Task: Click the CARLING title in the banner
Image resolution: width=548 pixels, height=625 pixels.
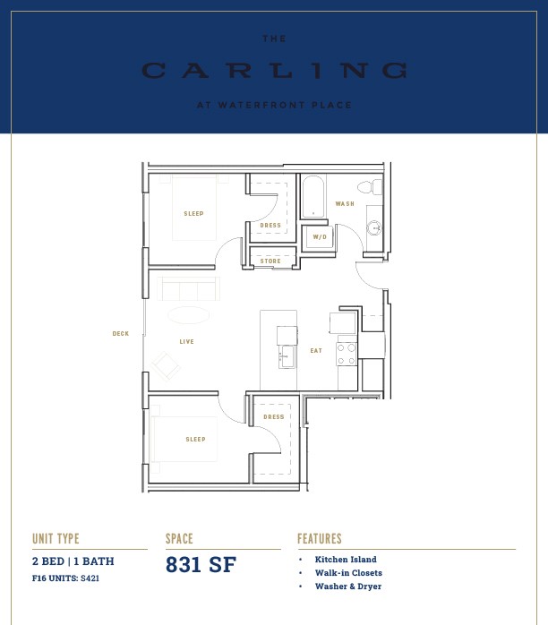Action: click(275, 71)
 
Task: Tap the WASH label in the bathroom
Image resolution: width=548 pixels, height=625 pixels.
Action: click(345, 203)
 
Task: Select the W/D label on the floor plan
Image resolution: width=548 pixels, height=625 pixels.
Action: click(320, 236)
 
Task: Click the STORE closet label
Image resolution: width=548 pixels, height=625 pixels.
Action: click(270, 261)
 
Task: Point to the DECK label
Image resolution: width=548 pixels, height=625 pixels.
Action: click(120, 334)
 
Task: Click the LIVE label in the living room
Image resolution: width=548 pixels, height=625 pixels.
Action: click(186, 341)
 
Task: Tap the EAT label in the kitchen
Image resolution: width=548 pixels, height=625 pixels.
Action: click(316, 351)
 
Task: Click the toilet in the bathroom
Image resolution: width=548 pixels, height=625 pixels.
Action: click(370, 187)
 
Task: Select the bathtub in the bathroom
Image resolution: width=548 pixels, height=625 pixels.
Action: click(313, 197)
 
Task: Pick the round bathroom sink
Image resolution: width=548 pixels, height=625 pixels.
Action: click(374, 228)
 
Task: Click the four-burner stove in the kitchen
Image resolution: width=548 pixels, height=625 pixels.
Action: click(347, 354)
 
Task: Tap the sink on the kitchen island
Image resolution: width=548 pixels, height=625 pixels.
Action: click(287, 356)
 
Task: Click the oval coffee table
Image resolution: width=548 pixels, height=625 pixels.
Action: click(189, 315)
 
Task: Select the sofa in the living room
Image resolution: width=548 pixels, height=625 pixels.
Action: click(188, 288)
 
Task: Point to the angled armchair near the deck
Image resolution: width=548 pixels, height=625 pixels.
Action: click(166, 366)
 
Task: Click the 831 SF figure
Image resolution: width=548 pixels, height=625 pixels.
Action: click(201, 564)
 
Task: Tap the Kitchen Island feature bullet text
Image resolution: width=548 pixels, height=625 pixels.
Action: click(346, 560)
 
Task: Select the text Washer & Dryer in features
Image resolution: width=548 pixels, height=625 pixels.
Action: click(348, 586)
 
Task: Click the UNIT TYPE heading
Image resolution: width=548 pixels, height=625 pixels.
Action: click(56, 539)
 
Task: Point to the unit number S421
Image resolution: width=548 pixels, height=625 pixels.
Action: click(90, 578)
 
